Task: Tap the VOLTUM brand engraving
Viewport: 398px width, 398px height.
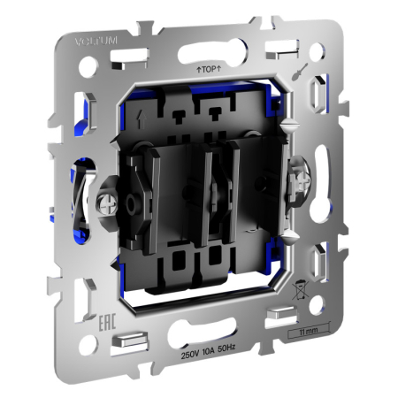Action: tap(91, 40)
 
